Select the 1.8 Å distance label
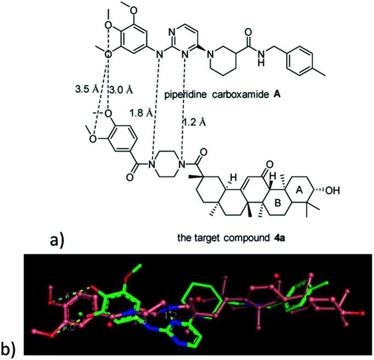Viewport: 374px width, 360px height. (x=141, y=113)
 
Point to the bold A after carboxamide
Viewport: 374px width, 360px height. (x=279, y=94)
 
